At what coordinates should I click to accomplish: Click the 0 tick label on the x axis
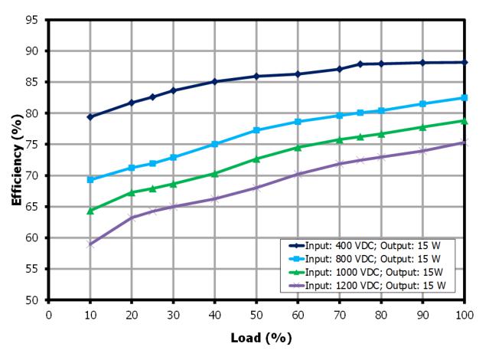[x=49, y=313]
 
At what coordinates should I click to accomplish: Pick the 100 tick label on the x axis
[x=465, y=313]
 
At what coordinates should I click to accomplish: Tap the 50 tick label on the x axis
[x=256, y=313]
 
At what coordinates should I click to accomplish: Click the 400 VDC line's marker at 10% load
[x=90, y=117]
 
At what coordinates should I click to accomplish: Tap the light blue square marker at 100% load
[x=465, y=98]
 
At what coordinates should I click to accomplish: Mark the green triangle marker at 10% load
[x=90, y=210]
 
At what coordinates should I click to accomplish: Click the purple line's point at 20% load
[x=132, y=218]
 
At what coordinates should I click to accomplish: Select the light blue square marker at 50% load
[x=256, y=130]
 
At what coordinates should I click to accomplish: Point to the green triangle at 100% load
[x=465, y=121]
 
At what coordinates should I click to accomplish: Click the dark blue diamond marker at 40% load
[x=215, y=81]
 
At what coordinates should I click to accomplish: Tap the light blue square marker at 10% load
[x=90, y=179]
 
